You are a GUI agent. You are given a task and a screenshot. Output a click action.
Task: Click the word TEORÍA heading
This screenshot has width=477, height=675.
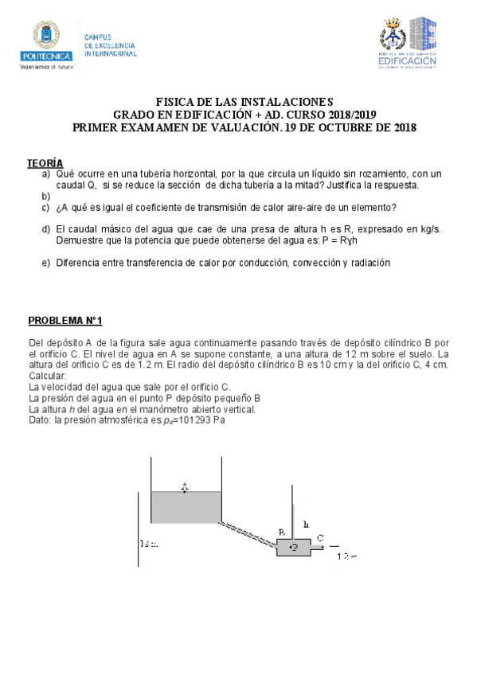click(x=45, y=162)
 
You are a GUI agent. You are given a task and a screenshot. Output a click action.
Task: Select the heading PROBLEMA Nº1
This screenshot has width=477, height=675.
click(x=65, y=321)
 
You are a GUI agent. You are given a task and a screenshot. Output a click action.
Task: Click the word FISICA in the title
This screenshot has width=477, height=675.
click(x=174, y=102)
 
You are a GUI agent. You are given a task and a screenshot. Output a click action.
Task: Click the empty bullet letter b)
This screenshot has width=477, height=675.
click(x=45, y=195)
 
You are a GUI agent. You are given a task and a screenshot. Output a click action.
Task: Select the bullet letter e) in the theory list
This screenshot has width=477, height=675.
click(x=45, y=263)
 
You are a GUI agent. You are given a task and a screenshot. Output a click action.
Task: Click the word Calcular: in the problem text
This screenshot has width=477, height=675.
click(x=48, y=376)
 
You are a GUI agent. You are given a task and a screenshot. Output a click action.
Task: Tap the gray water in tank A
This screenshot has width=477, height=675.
click(x=186, y=507)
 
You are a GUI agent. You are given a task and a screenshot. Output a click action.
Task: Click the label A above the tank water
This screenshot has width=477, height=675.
click(x=185, y=485)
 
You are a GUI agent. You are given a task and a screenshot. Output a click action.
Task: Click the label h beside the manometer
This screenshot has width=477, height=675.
click(x=306, y=525)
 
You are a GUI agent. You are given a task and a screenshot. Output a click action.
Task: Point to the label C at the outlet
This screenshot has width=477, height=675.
click(x=319, y=538)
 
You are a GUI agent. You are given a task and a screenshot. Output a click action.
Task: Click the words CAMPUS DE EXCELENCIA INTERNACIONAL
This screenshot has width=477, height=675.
click(x=110, y=46)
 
